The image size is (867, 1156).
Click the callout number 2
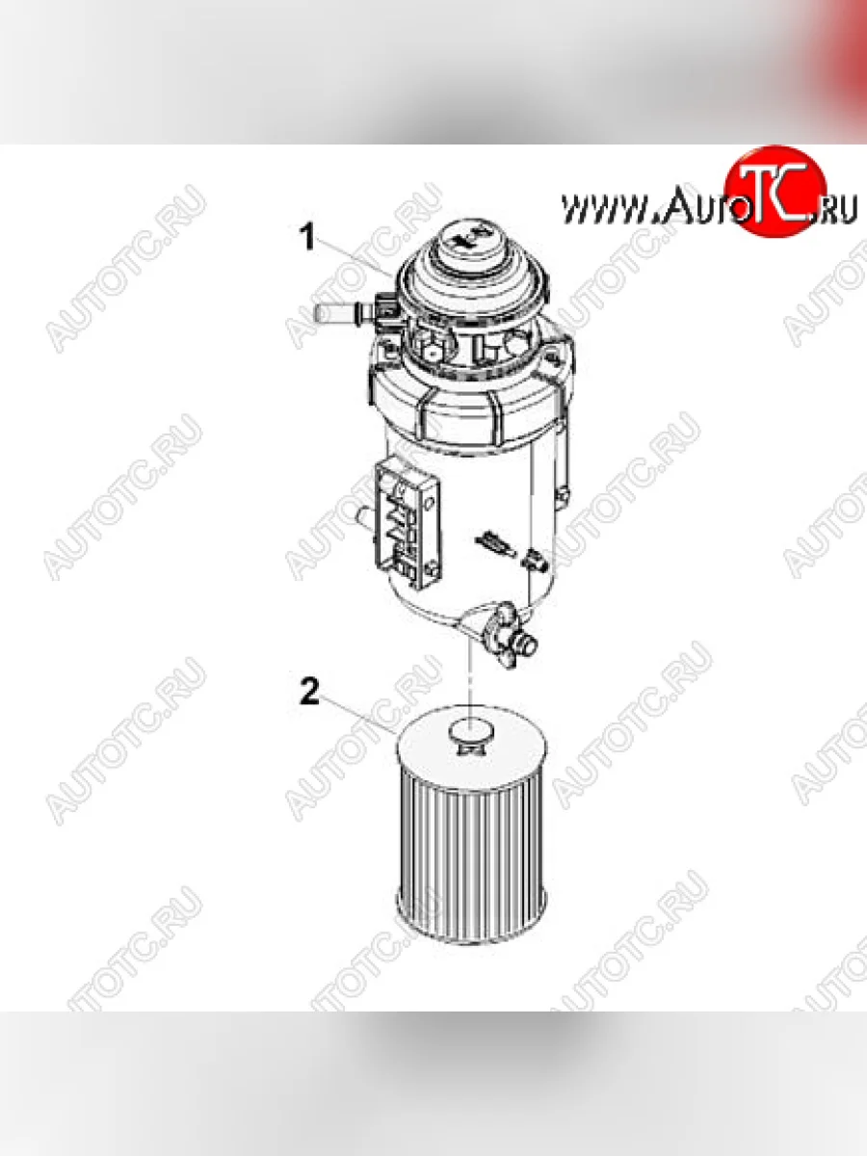[308, 693]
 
